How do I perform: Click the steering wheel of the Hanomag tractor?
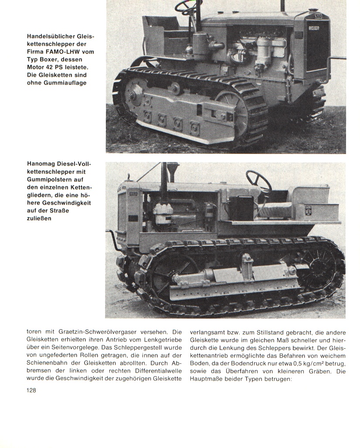click(x=258, y=181)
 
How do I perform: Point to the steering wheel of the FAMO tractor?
click(x=189, y=6)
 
